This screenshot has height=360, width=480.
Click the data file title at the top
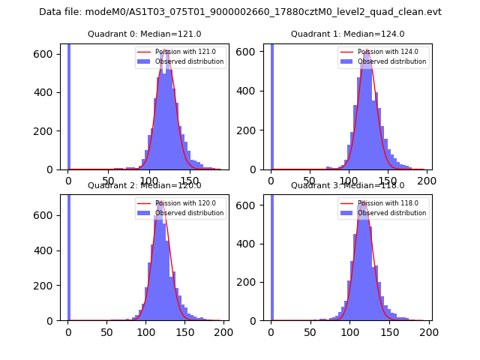click(x=240, y=12)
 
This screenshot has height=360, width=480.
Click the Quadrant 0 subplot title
click(x=144, y=34)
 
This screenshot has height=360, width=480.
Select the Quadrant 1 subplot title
click(x=347, y=34)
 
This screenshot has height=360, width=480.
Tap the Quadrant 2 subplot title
click(x=144, y=185)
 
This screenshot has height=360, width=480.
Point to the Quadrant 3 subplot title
click(x=347, y=185)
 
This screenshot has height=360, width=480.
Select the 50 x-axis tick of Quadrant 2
click(x=107, y=332)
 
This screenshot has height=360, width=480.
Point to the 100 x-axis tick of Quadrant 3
click(x=349, y=332)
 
